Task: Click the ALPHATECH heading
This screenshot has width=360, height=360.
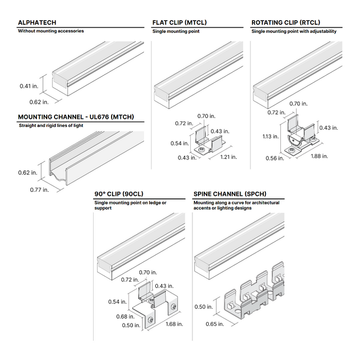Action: pos(37,23)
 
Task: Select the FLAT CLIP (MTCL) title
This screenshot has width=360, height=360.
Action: pos(179,23)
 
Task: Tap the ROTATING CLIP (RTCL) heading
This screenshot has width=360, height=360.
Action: pos(285,23)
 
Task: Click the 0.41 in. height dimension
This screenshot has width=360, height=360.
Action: pos(29,86)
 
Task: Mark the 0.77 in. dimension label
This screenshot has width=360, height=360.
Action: pos(39,190)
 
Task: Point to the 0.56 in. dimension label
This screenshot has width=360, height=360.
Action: pos(274,158)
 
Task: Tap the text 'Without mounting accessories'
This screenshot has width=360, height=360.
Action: pos(50,31)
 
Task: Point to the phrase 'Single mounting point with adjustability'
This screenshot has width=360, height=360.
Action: pos(294,31)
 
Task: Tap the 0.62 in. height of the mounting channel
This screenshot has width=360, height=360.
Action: pos(29,172)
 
